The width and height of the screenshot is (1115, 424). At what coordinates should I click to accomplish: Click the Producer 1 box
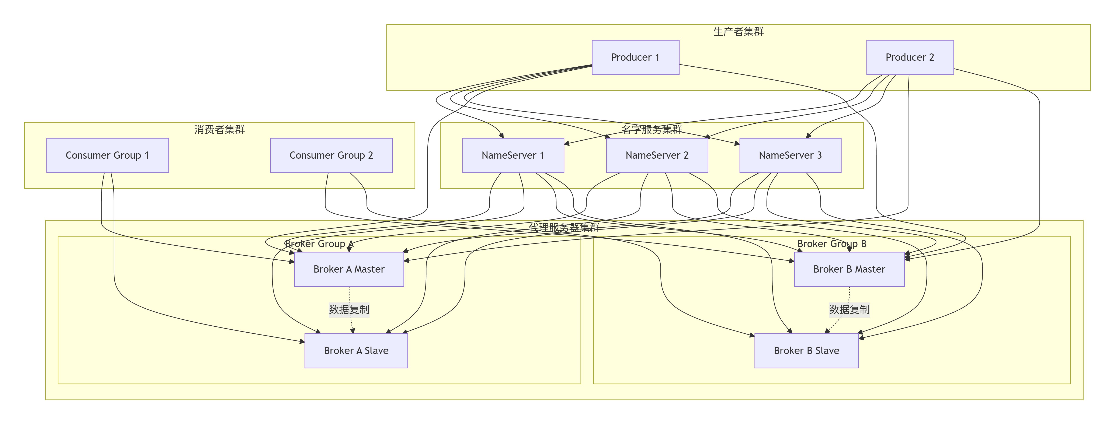[x=635, y=57]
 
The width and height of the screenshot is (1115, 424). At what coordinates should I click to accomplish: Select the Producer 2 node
[x=910, y=57]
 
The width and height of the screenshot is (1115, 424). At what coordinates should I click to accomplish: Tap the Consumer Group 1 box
[x=107, y=155]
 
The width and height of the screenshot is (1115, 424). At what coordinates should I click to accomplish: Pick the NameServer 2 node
[x=657, y=155]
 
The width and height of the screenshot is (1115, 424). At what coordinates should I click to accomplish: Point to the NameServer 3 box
[x=790, y=155]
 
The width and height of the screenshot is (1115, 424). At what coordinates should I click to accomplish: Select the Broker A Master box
[x=349, y=269]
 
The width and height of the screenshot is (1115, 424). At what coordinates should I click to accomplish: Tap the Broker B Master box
[x=849, y=269]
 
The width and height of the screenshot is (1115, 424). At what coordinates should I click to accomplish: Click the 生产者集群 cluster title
[x=739, y=32]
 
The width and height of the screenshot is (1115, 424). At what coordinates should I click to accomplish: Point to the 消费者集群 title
[x=219, y=129]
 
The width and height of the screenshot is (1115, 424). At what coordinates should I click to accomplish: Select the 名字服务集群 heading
[x=652, y=129]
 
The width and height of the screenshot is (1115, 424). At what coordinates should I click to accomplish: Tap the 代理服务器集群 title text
[x=564, y=228]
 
